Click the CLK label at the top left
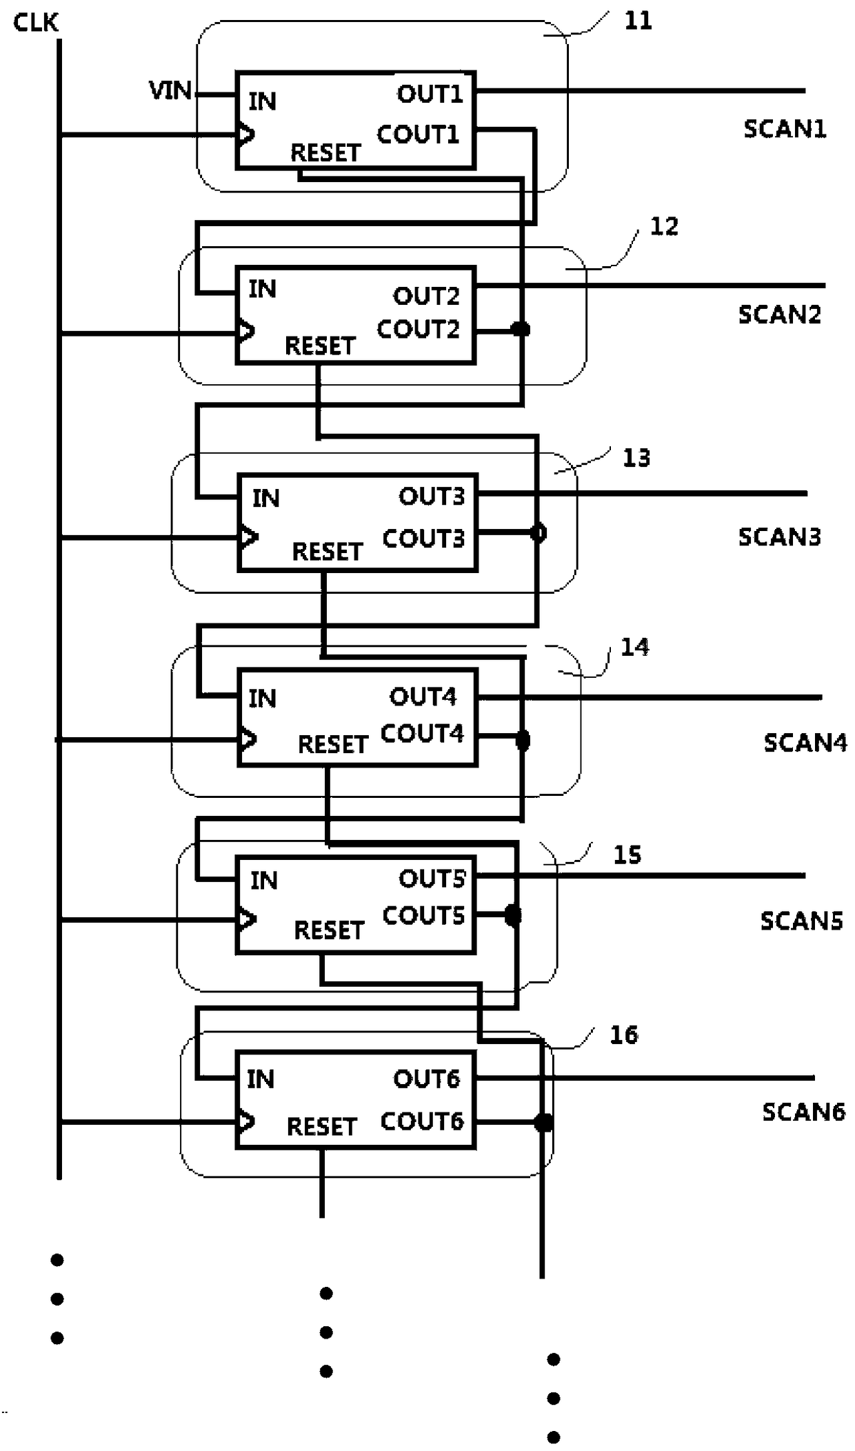click(x=36, y=23)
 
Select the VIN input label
click(x=170, y=90)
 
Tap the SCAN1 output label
click(x=785, y=128)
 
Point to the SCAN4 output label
click(x=805, y=742)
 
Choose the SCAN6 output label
click(x=803, y=1112)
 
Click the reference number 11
click(x=638, y=21)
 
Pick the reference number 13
click(x=636, y=457)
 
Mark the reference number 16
click(x=624, y=1034)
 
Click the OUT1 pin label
click(x=430, y=94)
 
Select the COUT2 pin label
click(x=418, y=329)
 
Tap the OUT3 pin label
click(x=432, y=496)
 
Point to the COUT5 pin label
click(x=423, y=915)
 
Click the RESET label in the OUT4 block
click(x=332, y=744)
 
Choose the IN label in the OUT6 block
click(x=261, y=1079)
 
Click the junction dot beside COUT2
click(x=521, y=329)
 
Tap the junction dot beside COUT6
click(x=543, y=1123)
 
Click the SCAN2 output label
click(x=780, y=314)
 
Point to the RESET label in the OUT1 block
click(x=325, y=152)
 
